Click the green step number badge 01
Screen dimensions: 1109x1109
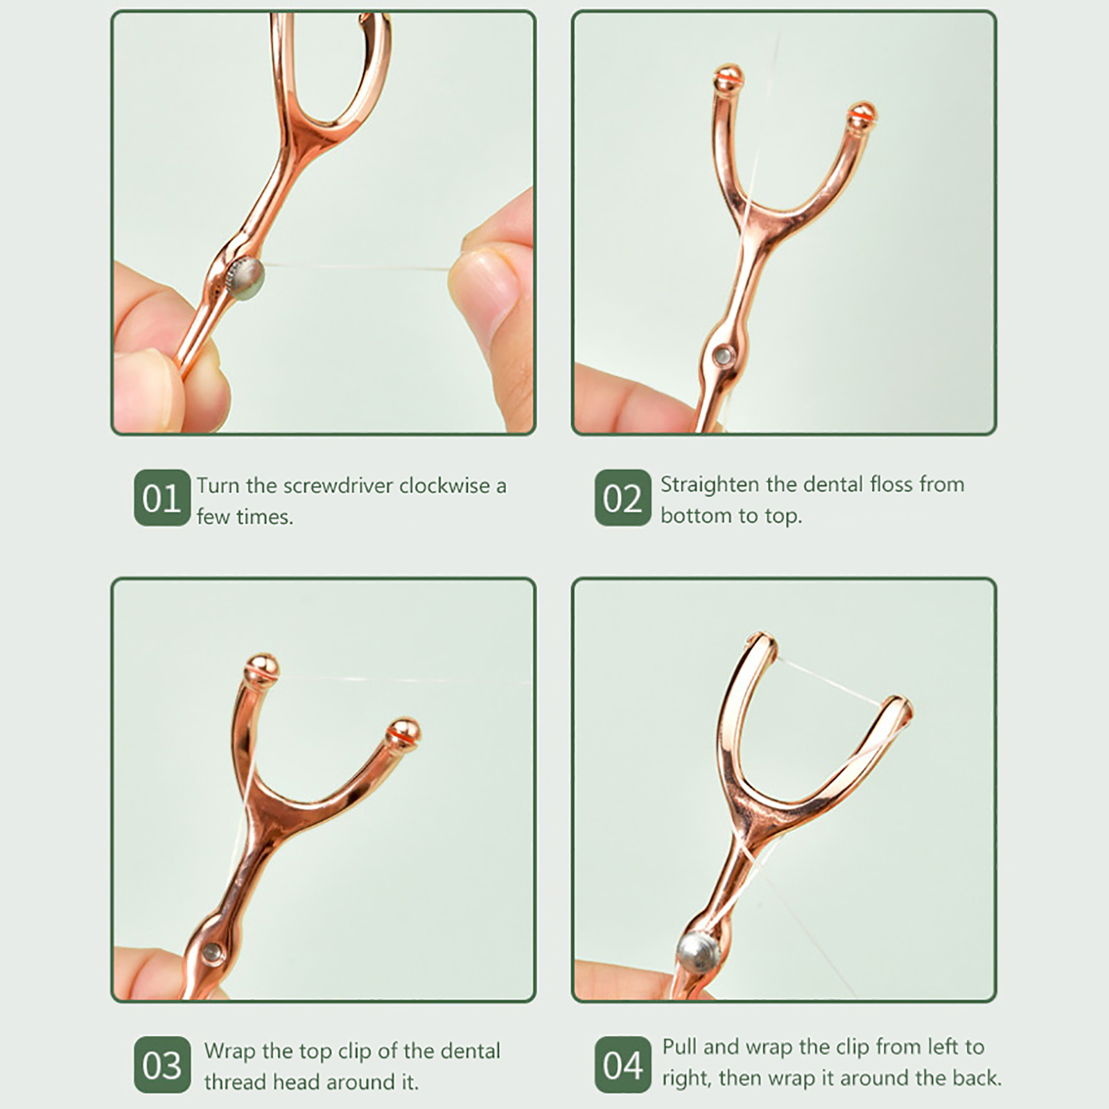(x=161, y=498)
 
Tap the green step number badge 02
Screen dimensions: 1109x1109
(x=622, y=498)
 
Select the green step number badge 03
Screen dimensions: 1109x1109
(x=161, y=1065)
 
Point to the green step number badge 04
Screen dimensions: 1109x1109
(x=622, y=1065)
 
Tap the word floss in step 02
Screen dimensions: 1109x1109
(x=891, y=484)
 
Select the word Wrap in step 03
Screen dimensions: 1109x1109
(x=229, y=1051)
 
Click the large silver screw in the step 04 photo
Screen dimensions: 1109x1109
(x=699, y=953)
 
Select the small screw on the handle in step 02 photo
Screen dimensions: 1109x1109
(x=722, y=356)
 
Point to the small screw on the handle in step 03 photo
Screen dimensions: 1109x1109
(x=211, y=954)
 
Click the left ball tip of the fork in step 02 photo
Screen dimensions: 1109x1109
(x=728, y=77)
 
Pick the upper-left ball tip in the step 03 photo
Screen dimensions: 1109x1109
(x=261, y=667)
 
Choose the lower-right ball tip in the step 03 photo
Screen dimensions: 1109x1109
(x=403, y=732)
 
